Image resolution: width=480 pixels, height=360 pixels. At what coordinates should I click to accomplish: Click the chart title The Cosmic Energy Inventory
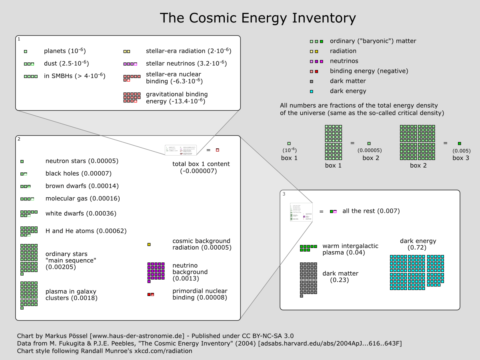258,18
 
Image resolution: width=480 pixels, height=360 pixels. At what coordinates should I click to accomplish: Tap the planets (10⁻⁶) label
65,51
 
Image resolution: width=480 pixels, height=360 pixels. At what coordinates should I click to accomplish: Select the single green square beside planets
26,51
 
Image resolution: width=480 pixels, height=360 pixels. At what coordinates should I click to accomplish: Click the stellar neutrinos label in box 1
186,63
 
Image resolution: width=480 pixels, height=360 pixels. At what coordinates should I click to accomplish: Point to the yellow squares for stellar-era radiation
126,51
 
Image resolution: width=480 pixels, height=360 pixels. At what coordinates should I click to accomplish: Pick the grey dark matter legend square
311,81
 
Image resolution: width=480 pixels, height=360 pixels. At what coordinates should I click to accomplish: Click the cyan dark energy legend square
311,91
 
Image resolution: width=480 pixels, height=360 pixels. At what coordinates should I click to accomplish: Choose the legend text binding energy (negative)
369,71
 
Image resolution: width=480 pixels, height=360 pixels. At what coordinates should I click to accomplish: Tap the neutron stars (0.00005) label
82,161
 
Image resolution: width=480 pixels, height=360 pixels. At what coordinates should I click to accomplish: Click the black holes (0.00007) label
78,174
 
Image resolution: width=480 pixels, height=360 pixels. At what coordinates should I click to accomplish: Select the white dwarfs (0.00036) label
81,214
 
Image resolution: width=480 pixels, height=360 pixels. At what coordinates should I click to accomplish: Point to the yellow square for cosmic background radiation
149,244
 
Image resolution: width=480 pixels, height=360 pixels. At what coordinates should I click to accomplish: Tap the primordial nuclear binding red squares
151,294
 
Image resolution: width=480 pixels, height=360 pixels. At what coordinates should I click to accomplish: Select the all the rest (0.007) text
371,211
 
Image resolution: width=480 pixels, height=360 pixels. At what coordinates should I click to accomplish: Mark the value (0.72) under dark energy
418,248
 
